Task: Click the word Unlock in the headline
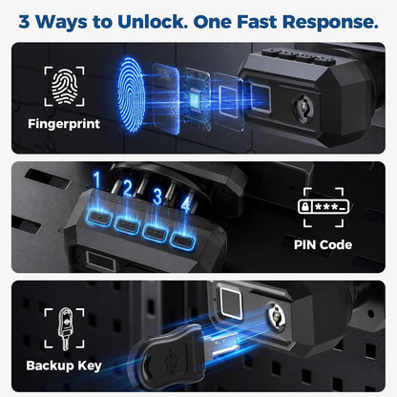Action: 153,22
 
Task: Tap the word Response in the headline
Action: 330,23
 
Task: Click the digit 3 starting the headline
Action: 24,22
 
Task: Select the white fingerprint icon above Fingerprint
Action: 65,86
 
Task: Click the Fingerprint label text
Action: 64,124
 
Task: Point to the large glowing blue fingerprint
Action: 131,94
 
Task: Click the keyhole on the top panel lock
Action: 303,108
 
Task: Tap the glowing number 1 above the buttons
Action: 97,180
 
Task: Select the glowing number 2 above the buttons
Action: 127,188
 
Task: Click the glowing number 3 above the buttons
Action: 157,197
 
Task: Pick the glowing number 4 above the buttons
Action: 185,203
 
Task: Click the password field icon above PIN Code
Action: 324,207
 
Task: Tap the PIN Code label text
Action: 323,244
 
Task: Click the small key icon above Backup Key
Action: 65,328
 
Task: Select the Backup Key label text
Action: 64,366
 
